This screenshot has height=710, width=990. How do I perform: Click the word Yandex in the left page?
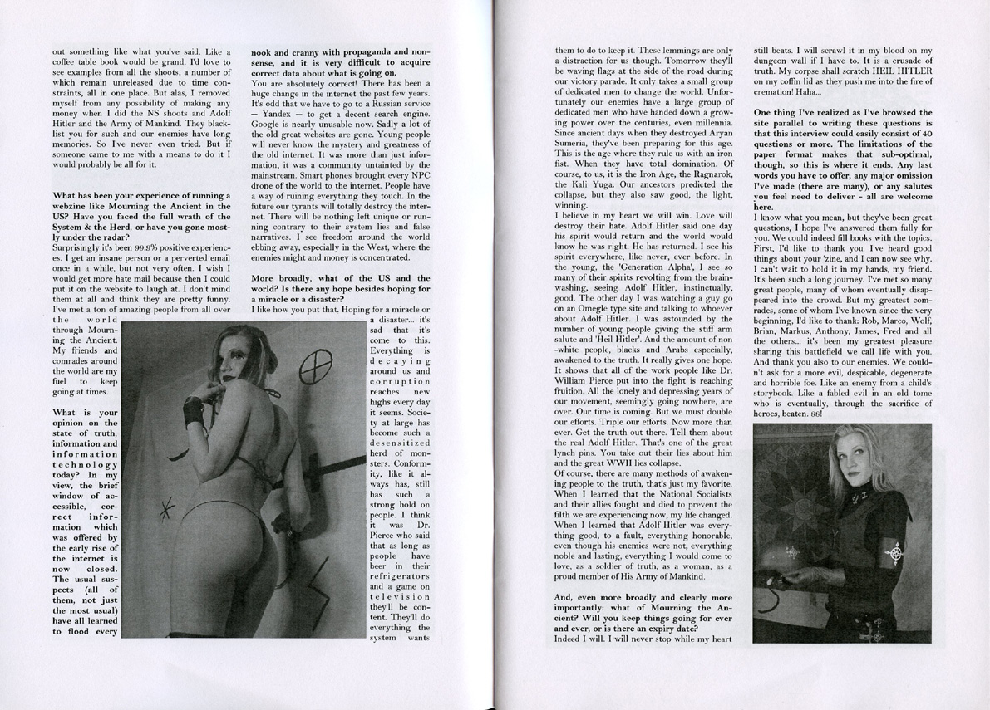coord(279,113)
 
